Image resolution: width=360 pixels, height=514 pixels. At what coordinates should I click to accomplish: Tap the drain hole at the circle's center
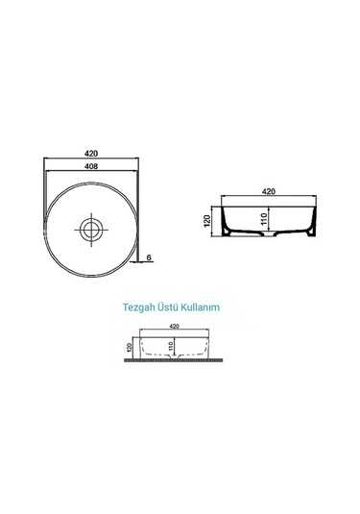click(x=92, y=229)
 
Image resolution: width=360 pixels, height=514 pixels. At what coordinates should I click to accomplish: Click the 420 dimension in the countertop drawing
click(x=175, y=327)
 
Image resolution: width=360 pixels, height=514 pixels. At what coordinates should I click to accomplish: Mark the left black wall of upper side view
click(x=225, y=223)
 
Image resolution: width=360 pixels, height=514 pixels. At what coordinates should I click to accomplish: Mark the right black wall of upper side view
click(x=313, y=223)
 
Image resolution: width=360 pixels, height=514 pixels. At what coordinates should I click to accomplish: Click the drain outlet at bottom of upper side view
click(x=269, y=235)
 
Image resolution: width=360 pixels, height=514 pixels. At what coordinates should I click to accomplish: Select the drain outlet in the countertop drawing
click(x=175, y=355)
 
